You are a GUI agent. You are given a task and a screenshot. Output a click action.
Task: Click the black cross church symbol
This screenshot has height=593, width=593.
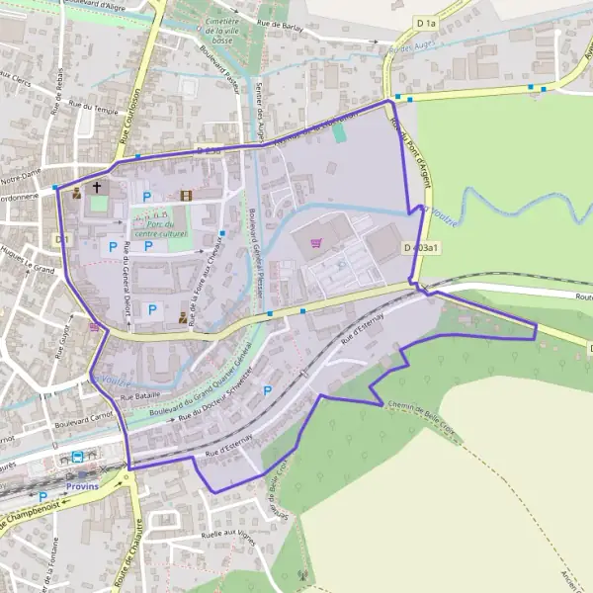(x=97, y=186)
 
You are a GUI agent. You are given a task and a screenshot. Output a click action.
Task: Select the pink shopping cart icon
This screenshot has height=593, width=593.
(x=316, y=241)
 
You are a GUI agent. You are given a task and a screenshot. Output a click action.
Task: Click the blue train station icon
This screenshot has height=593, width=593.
(x=76, y=457)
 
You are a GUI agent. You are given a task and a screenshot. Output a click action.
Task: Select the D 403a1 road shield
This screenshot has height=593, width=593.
(x=420, y=247)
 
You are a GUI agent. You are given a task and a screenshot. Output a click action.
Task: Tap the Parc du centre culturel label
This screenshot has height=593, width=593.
(x=167, y=229)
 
